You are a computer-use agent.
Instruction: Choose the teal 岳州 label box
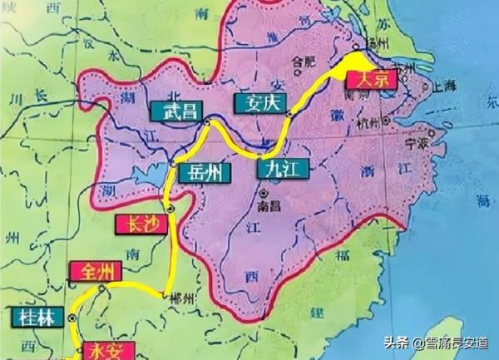tap(200, 174)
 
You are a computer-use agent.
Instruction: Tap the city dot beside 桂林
tap(72, 318)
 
